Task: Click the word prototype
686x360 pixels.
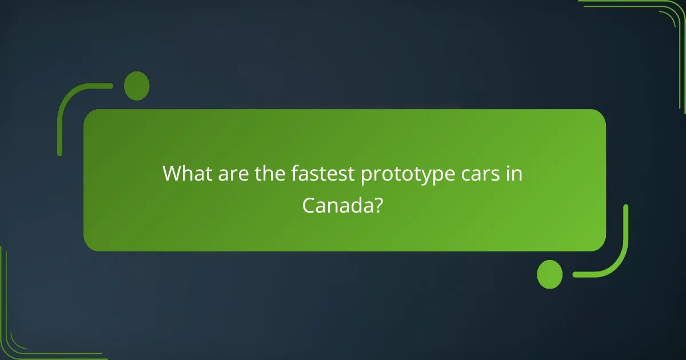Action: pyautogui.click(x=402, y=174)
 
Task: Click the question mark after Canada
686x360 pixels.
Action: pyautogui.click(x=378, y=205)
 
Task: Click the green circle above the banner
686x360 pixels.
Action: pyautogui.click(x=137, y=86)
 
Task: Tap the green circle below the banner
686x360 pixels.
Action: pyautogui.click(x=550, y=274)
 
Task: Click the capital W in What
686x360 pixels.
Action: pyautogui.click(x=172, y=173)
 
